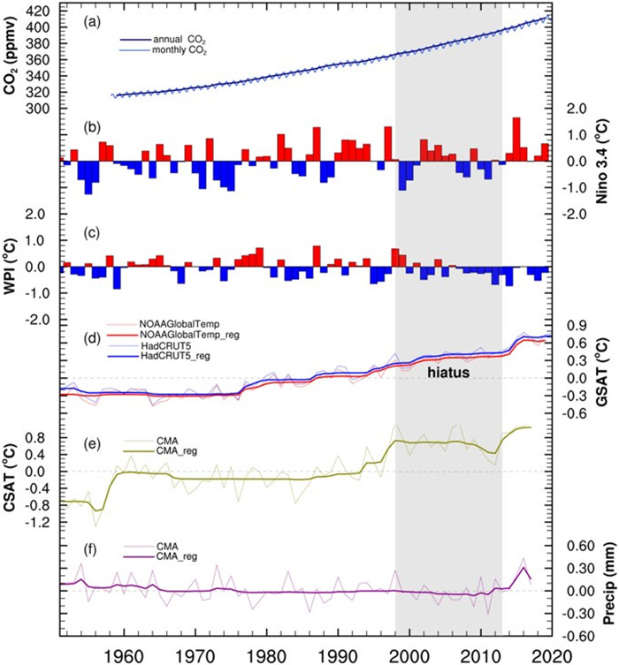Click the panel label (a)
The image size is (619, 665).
coord(93,24)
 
